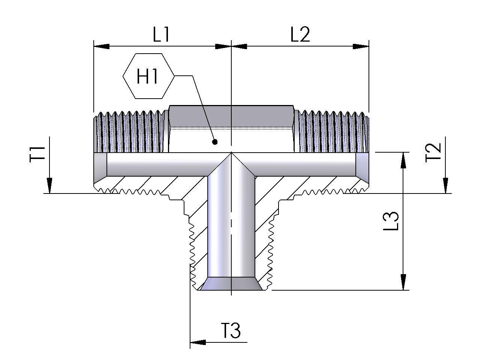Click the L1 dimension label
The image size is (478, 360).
[162, 35]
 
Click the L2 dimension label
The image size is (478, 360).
[300, 35]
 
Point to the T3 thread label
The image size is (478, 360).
[230, 331]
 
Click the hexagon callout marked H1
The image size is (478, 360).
[148, 76]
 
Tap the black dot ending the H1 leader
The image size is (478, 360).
[215, 142]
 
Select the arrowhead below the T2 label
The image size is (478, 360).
[445, 186]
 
